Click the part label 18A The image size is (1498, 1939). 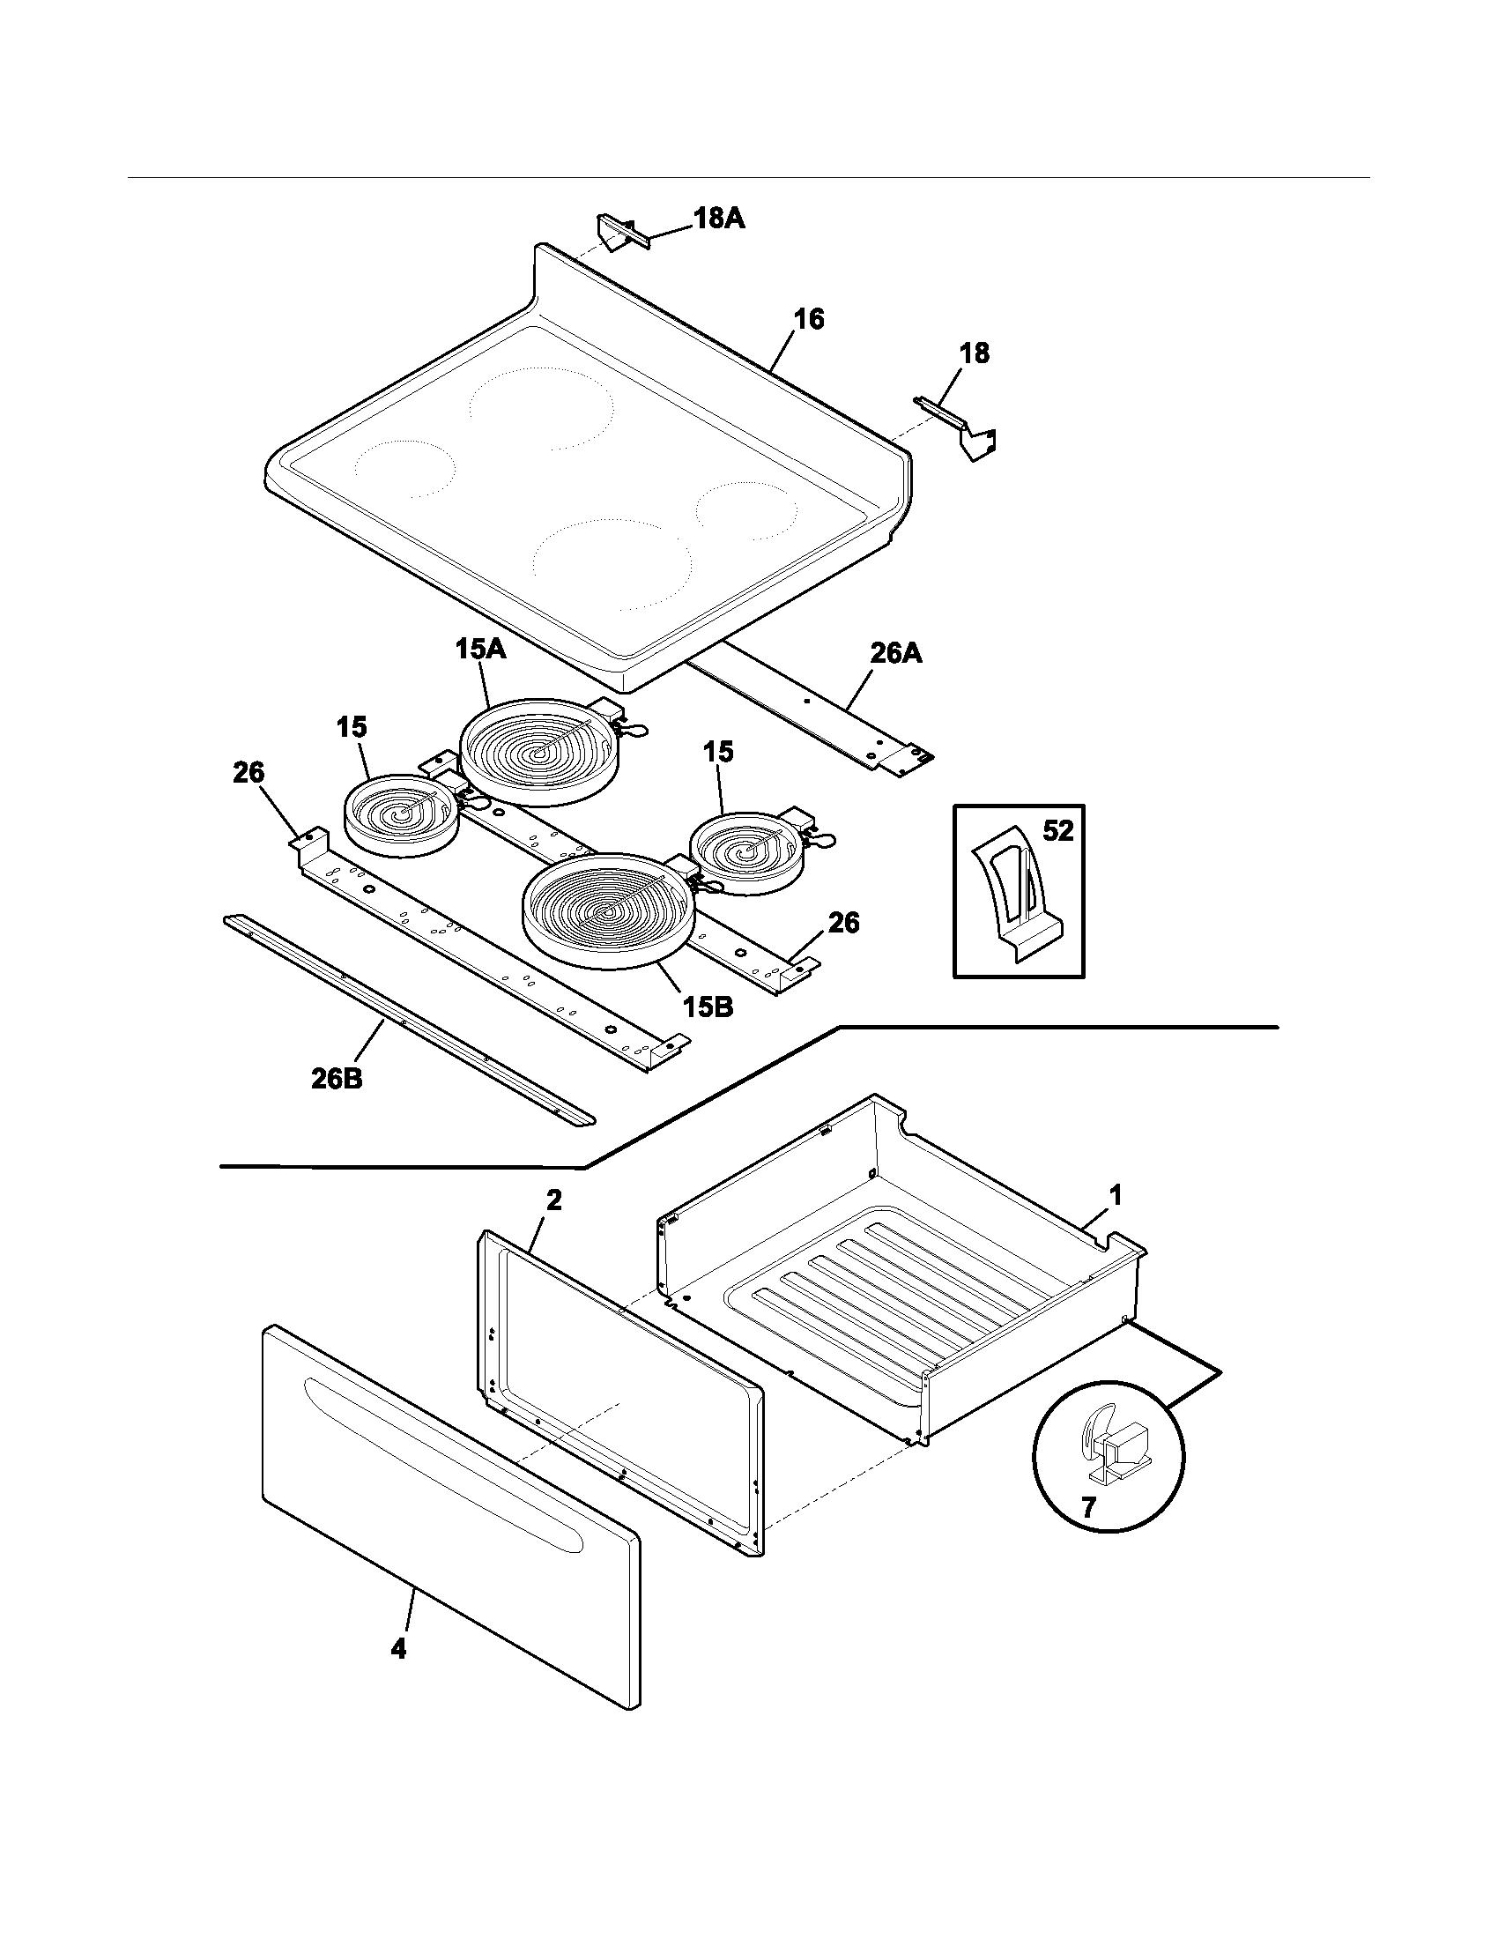(x=718, y=219)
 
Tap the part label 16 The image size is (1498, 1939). (x=807, y=320)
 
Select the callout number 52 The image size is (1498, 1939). (x=1057, y=832)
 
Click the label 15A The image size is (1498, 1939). (x=481, y=650)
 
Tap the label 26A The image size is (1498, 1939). (x=895, y=654)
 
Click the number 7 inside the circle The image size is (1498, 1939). (x=1089, y=1506)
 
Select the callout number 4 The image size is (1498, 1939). (x=398, y=1650)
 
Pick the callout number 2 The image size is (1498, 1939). (x=553, y=1200)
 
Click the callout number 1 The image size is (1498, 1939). (x=1116, y=1195)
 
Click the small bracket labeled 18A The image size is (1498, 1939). (x=618, y=233)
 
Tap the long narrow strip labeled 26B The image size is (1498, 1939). (x=408, y=1021)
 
